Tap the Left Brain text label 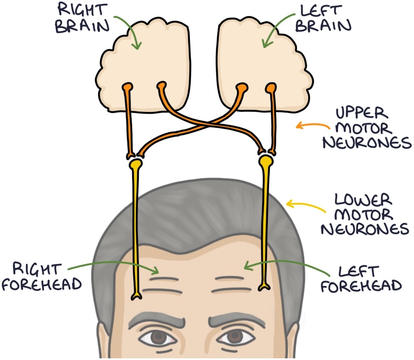click(324, 18)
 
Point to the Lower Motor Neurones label click(364, 214)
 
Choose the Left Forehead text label click(361, 278)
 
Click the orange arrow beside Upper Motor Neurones click(312, 126)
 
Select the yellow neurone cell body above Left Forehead click(266, 161)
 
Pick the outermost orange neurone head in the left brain click(270, 88)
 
